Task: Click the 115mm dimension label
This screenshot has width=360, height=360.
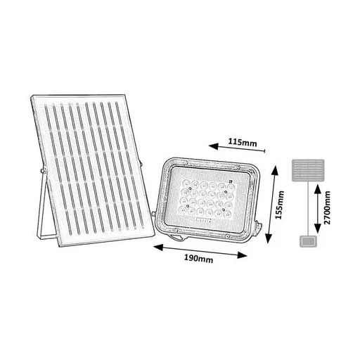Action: [x=243, y=142]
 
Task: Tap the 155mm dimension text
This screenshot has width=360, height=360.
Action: [x=279, y=205]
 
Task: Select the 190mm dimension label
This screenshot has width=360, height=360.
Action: [x=198, y=259]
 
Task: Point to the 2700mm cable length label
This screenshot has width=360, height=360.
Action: [x=327, y=207]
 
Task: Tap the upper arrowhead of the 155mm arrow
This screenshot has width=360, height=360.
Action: [x=274, y=170]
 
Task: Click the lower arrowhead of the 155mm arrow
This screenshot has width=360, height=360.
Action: [x=269, y=238]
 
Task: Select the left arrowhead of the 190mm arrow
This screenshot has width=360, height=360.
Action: [x=157, y=247]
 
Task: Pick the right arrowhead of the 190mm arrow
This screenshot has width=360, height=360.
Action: [x=242, y=255]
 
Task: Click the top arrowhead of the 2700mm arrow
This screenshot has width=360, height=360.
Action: [x=318, y=188]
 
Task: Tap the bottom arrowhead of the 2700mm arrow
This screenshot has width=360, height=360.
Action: [x=318, y=229]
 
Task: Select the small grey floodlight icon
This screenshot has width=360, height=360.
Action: [x=308, y=242]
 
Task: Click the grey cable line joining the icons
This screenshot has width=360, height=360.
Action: [x=308, y=209]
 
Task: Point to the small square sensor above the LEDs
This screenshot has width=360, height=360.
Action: [x=231, y=181]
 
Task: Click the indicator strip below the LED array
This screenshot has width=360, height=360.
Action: [x=203, y=220]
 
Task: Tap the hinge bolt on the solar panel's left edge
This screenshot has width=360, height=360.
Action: [x=43, y=170]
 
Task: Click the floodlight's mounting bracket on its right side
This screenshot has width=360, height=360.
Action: [x=259, y=226]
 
